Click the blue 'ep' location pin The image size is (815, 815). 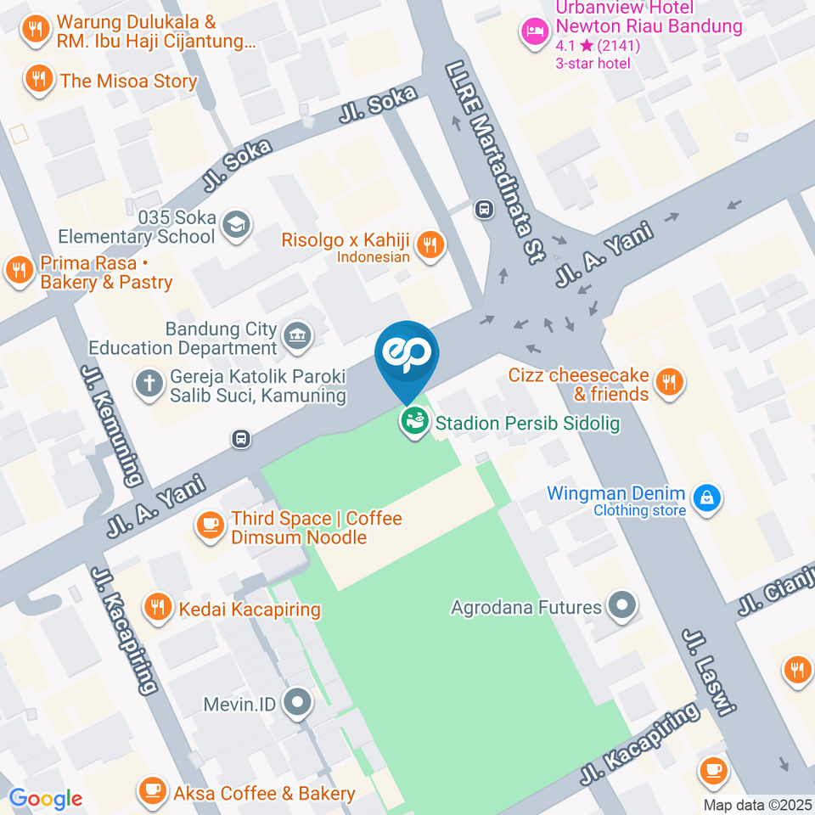tap(407, 355)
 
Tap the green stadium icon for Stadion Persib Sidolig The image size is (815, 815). tap(414, 421)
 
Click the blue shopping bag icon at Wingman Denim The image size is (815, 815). tap(705, 499)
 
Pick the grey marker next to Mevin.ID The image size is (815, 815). tap(297, 703)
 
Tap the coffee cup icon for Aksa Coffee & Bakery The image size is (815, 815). tap(152, 793)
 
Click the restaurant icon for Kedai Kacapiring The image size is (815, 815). tap(156, 608)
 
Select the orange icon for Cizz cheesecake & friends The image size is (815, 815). tap(670, 383)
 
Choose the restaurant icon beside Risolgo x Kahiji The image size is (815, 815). tap(431, 244)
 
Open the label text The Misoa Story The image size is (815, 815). tap(128, 81)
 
